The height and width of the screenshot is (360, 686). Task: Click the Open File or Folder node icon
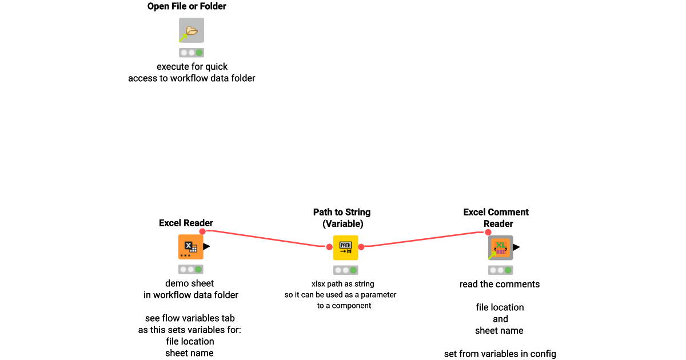[x=191, y=30]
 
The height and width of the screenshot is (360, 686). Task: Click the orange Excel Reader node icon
[x=190, y=247]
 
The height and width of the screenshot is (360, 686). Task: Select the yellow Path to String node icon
[x=345, y=247]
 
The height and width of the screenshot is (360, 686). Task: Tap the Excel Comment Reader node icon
[x=500, y=247]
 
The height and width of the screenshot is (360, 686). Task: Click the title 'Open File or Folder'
[x=186, y=7]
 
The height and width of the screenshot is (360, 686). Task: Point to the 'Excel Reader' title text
[x=186, y=223]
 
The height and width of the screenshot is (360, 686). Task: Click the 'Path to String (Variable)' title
[x=342, y=218]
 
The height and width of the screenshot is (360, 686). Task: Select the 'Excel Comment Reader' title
[x=496, y=218]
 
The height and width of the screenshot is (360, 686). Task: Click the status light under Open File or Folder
[x=191, y=53]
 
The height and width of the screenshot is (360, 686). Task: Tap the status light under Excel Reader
[x=190, y=269]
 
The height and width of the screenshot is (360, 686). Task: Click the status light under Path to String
[x=345, y=270]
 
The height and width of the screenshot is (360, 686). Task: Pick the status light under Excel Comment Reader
[x=500, y=270]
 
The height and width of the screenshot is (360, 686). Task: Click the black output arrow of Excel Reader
[x=206, y=247]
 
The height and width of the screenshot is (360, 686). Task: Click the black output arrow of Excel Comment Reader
[x=516, y=247]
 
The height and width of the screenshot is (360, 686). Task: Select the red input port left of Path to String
[x=329, y=247]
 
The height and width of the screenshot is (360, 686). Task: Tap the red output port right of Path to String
[x=361, y=247]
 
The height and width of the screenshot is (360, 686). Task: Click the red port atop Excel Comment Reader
[x=488, y=232]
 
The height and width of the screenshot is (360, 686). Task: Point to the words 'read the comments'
[x=499, y=284]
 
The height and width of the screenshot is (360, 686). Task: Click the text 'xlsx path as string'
[x=342, y=283]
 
